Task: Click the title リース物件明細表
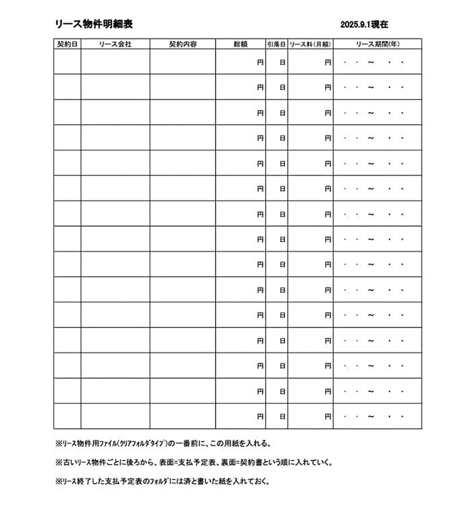click(93, 24)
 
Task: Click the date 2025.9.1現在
click(364, 24)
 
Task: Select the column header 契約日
click(67, 44)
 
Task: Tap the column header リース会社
click(115, 44)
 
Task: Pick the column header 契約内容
click(182, 44)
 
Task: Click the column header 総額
click(240, 44)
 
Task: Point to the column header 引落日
click(276, 44)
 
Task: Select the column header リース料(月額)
click(310, 44)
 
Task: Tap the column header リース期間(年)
click(377, 44)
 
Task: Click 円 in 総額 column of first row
click(260, 62)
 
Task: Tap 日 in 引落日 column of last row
click(282, 417)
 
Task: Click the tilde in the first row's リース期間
click(371, 62)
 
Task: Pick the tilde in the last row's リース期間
click(371, 417)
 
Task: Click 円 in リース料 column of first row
click(328, 62)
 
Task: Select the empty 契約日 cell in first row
click(67, 62)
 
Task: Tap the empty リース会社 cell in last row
click(115, 416)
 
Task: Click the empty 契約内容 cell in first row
click(182, 62)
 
